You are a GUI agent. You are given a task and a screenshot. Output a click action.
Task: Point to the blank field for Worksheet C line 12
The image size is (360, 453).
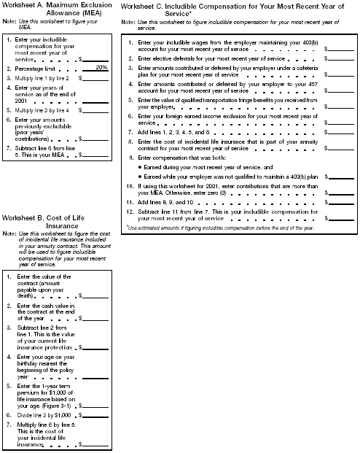(341, 218)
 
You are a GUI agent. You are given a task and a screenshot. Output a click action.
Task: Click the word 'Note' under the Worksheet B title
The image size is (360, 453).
(10, 233)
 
